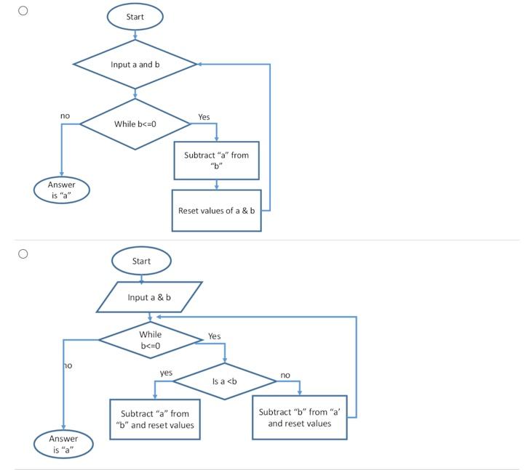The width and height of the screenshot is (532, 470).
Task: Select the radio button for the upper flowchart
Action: coord(23,11)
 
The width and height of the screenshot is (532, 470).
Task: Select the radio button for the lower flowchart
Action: coord(23,254)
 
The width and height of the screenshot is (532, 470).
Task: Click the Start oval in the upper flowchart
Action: coord(135,17)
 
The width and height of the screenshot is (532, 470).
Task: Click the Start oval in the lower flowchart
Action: coord(141,261)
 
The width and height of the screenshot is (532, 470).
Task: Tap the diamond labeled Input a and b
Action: coord(135,65)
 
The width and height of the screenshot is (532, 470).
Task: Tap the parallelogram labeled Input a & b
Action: coord(149,297)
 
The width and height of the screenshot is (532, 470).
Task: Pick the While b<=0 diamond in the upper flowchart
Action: coord(135,124)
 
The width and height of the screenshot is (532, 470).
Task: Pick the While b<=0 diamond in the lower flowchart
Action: coord(151,339)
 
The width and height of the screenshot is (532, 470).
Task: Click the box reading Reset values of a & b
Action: coord(216,211)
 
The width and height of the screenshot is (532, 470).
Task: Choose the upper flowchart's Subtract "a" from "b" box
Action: coord(216,160)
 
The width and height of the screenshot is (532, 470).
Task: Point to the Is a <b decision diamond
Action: coord(224,381)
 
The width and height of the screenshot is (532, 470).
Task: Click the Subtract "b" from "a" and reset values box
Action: coord(299,417)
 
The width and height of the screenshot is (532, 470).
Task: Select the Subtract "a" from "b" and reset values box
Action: coord(154,419)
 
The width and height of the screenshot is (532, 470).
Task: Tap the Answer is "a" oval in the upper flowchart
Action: coord(62,190)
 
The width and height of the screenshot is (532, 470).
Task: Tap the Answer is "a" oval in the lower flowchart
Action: coord(63,444)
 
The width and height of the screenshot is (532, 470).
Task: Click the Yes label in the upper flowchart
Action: coord(204,117)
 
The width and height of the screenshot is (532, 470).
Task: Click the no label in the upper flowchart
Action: coord(65,116)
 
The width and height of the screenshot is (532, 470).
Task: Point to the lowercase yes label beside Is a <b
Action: coord(166,373)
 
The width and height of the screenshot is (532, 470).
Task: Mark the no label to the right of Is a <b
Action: coord(285,375)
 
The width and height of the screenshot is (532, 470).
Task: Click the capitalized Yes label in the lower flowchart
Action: coord(214,336)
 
